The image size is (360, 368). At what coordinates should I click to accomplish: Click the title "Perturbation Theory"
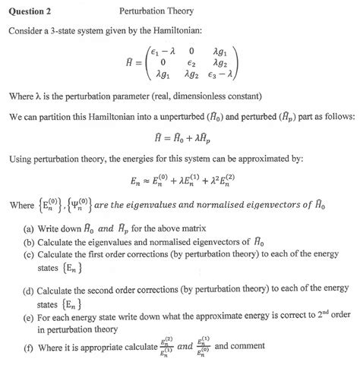point(156,11)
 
